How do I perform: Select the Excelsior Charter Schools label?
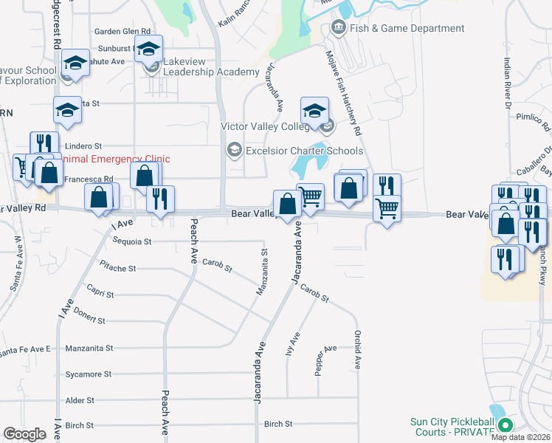305,151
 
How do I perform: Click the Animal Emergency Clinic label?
117,159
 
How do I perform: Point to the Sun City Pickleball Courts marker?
506,425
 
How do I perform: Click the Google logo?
24,434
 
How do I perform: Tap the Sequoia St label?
132,241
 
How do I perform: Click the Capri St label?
100,294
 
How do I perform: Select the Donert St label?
90,321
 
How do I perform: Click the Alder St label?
80,400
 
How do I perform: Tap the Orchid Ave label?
357,351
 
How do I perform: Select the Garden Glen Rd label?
123,32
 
